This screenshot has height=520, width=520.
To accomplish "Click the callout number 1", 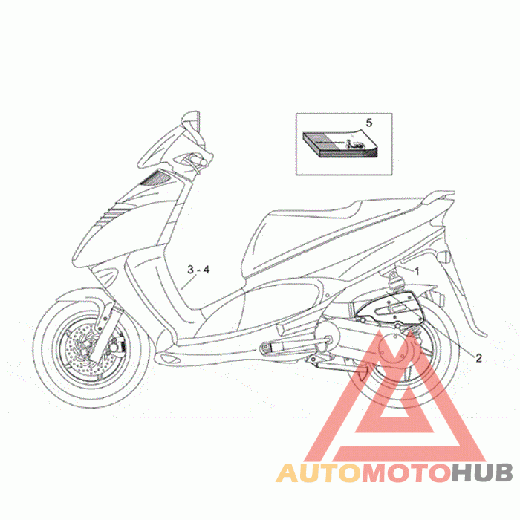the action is tap(417, 272).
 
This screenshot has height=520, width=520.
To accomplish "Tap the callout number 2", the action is tap(478, 357).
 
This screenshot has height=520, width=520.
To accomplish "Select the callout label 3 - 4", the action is tap(198, 270).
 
